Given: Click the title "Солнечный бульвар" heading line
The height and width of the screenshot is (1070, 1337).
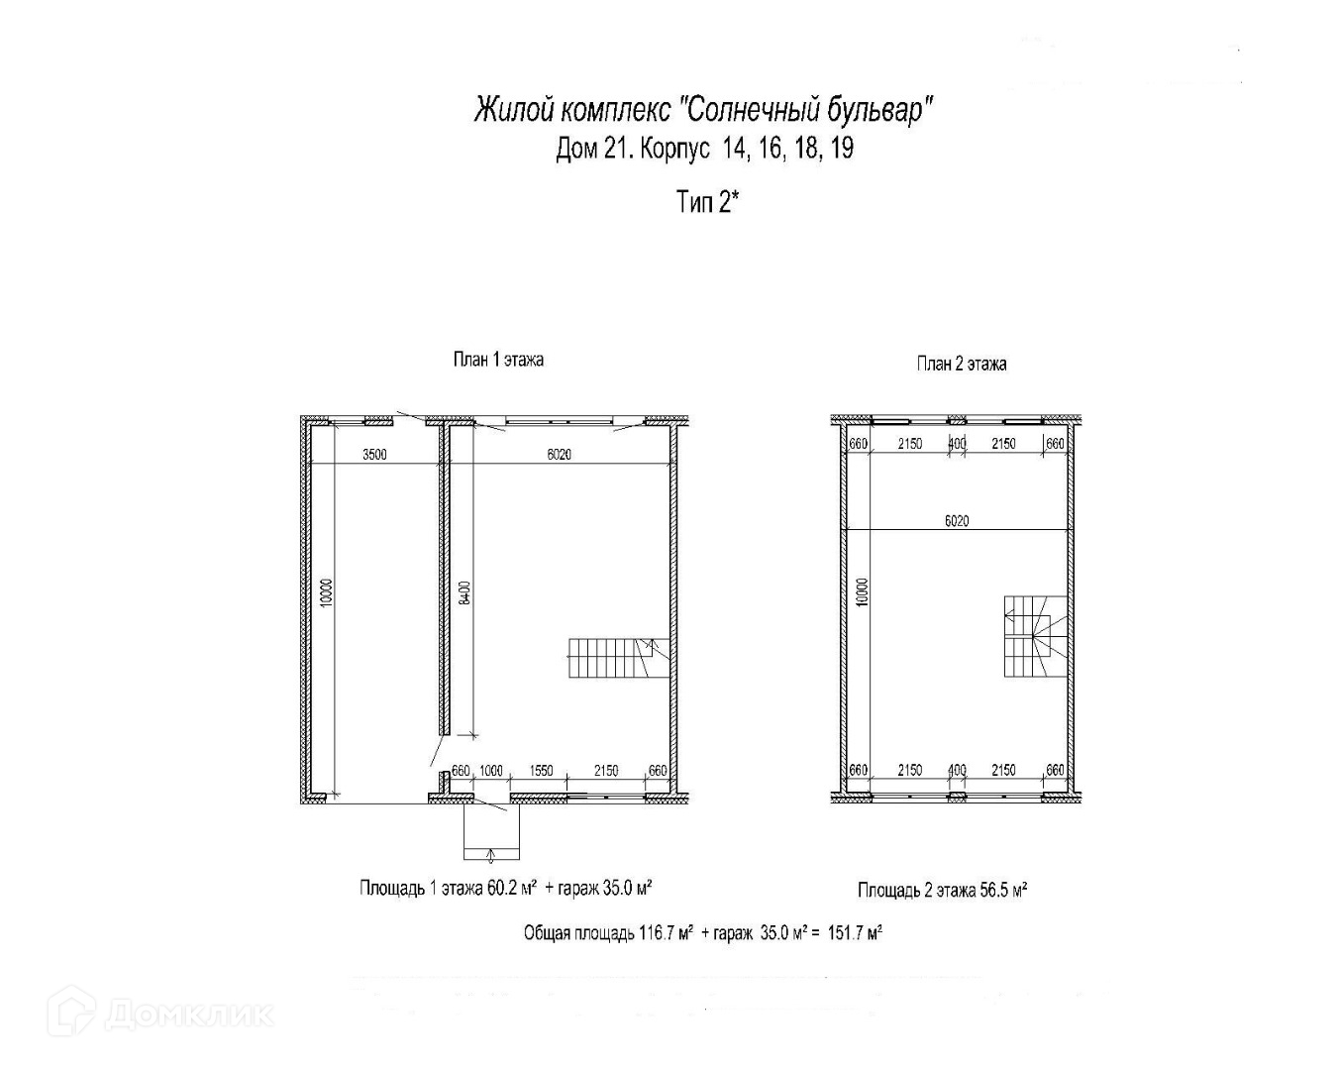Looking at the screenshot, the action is [704, 109].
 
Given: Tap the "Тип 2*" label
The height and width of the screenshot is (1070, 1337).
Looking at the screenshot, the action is [709, 202].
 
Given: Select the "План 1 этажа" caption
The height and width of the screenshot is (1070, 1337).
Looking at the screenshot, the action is [498, 359].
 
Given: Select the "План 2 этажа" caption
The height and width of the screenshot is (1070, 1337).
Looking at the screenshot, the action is [961, 364].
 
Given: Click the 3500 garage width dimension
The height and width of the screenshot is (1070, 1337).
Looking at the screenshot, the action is [374, 455].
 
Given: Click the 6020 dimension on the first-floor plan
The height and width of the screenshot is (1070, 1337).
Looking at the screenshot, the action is [561, 455].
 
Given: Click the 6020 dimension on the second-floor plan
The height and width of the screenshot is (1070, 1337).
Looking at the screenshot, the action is [956, 520].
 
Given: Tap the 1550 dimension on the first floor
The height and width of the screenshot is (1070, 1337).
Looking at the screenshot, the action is [541, 770].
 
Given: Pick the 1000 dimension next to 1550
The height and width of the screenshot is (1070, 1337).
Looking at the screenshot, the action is [491, 770].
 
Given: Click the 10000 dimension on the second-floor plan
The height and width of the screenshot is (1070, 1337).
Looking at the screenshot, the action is [863, 591].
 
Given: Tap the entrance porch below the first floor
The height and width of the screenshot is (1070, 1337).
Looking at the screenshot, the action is [491, 833].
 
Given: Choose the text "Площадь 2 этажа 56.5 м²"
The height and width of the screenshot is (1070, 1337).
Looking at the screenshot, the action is [942, 890].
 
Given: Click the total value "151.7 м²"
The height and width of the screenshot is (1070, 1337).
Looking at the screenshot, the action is [855, 933].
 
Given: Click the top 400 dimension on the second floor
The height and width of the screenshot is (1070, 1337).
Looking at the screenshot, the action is [957, 444].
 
